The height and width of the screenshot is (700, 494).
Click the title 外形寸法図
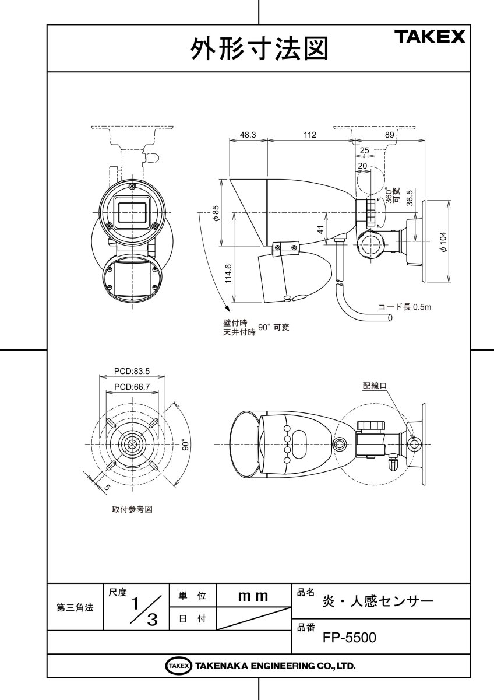[x=259, y=48]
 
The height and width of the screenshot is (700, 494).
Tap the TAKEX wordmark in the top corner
[x=432, y=37]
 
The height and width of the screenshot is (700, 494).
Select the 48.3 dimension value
[x=248, y=135]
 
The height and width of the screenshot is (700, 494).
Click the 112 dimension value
[x=310, y=135]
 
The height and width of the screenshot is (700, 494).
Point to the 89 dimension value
[x=390, y=135]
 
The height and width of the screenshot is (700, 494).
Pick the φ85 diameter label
[x=216, y=213]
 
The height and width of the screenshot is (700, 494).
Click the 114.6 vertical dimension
[x=228, y=274]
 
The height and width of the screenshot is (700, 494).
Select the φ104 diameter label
[x=443, y=242]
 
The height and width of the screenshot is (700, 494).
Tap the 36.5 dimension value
[x=410, y=198]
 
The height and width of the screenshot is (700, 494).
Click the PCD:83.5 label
[x=132, y=371]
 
